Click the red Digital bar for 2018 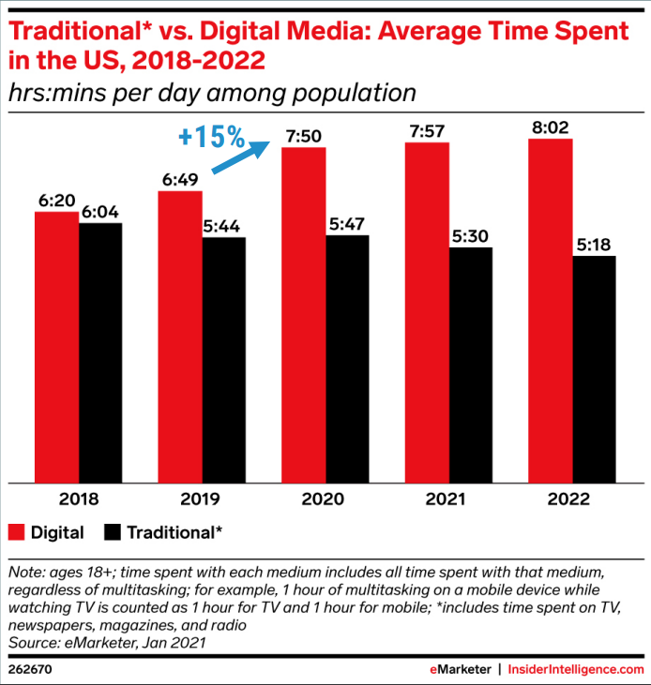[x=56, y=347]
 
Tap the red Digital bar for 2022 [x=550, y=310]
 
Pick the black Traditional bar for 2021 [x=470, y=365]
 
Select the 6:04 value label [x=100, y=213]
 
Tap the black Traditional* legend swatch [x=113, y=533]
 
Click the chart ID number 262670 [x=31, y=669]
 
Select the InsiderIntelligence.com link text [x=577, y=669]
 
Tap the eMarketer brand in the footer [x=460, y=669]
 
